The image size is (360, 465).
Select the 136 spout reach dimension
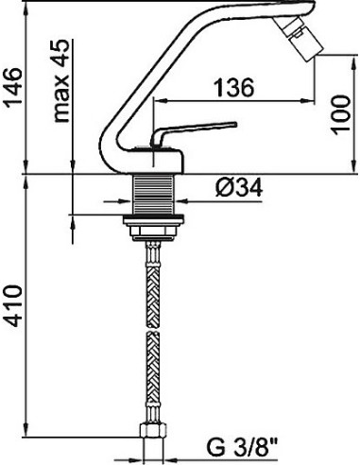point(232,88)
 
